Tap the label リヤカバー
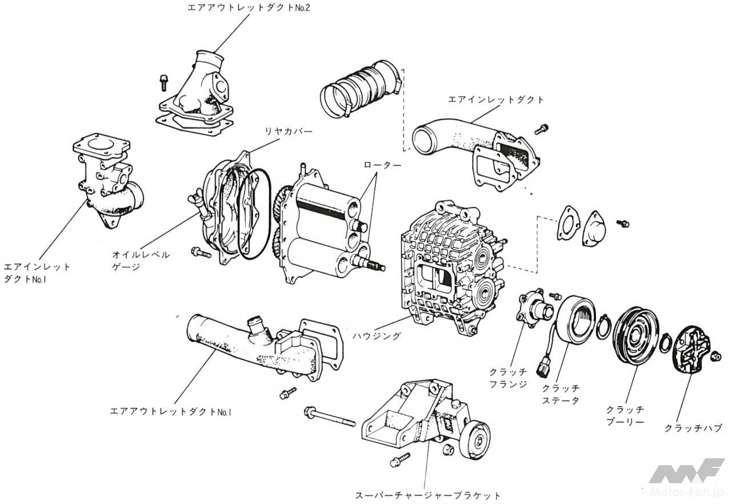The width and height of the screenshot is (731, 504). click(x=288, y=132)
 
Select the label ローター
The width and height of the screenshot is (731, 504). click(x=382, y=165)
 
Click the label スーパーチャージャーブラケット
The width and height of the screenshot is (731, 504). click(x=428, y=495)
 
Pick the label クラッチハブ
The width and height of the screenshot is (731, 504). click(x=693, y=428)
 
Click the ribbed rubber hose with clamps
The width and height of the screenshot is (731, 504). click(x=358, y=90)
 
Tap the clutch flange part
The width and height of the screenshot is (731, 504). click(x=534, y=309)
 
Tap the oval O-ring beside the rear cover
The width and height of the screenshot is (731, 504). click(x=254, y=213)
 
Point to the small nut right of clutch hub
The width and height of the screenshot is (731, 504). click(x=716, y=358)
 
